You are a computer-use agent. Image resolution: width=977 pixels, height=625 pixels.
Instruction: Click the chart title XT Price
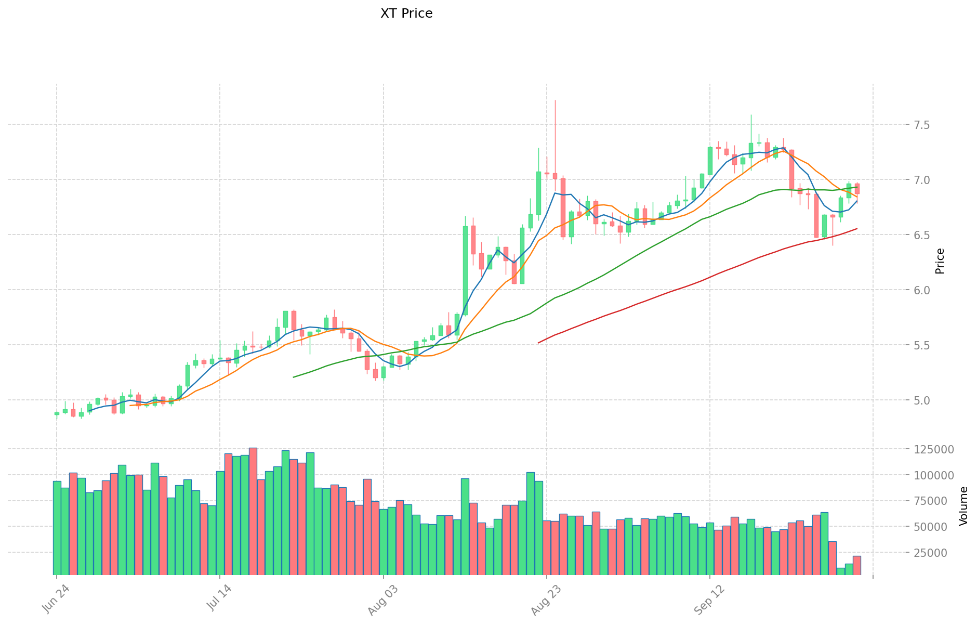[406, 14]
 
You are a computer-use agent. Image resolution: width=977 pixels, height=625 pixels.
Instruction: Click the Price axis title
[940, 261]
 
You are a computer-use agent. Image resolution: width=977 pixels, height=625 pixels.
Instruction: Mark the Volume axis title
[963, 506]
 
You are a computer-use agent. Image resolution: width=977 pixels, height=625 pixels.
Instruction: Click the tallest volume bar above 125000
[253, 511]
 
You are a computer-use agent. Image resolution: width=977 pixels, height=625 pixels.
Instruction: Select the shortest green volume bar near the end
[840, 571]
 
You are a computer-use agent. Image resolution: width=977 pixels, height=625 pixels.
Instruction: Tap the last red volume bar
[856, 565]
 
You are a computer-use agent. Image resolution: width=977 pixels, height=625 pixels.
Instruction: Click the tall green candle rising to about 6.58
[465, 270]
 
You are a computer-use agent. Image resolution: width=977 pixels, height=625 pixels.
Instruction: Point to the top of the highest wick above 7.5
[555, 100]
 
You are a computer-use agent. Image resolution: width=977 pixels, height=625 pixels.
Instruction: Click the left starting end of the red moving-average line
[538, 343]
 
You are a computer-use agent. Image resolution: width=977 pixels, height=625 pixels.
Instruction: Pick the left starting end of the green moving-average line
[294, 377]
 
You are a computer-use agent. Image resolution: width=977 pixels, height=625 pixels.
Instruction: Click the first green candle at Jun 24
[57, 413]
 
